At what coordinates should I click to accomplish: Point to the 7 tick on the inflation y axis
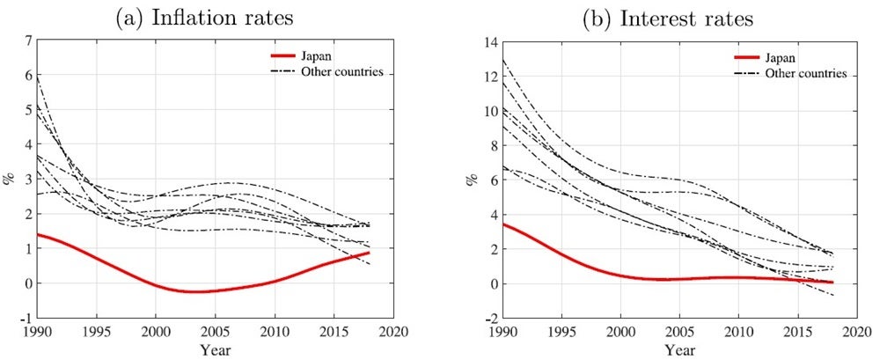(x=28, y=41)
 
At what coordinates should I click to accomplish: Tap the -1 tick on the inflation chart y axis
(x=26, y=318)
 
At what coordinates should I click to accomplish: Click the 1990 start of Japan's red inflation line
(x=37, y=235)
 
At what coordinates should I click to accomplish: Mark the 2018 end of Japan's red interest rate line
(x=832, y=283)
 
